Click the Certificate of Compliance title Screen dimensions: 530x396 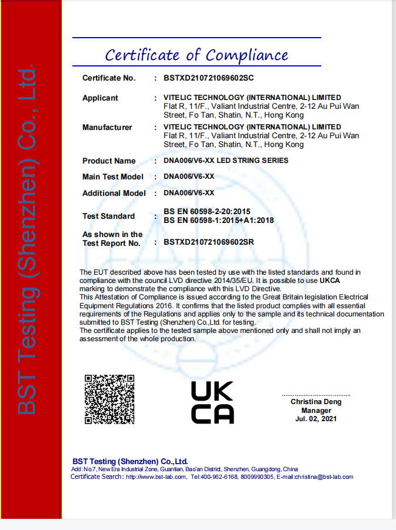point(197,55)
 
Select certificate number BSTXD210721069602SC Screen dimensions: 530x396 point(208,78)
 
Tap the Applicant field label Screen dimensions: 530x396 point(100,98)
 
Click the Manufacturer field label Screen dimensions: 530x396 point(107,127)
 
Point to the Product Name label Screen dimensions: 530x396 point(109,161)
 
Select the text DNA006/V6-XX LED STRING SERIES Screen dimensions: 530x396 point(226,161)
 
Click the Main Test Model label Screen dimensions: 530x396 point(113,176)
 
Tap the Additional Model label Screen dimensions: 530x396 point(114,193)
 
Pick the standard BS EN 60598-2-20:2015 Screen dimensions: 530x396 point(207,212)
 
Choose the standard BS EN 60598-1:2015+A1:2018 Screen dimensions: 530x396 point(218,221)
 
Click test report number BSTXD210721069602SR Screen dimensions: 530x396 point(209,242)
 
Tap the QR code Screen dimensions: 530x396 point(109,399)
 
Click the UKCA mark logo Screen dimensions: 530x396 point(212,402)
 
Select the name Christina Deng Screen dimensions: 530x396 point(316,402)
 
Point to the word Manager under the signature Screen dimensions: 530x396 point(316,411)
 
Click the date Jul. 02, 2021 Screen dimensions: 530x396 point(316,419)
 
